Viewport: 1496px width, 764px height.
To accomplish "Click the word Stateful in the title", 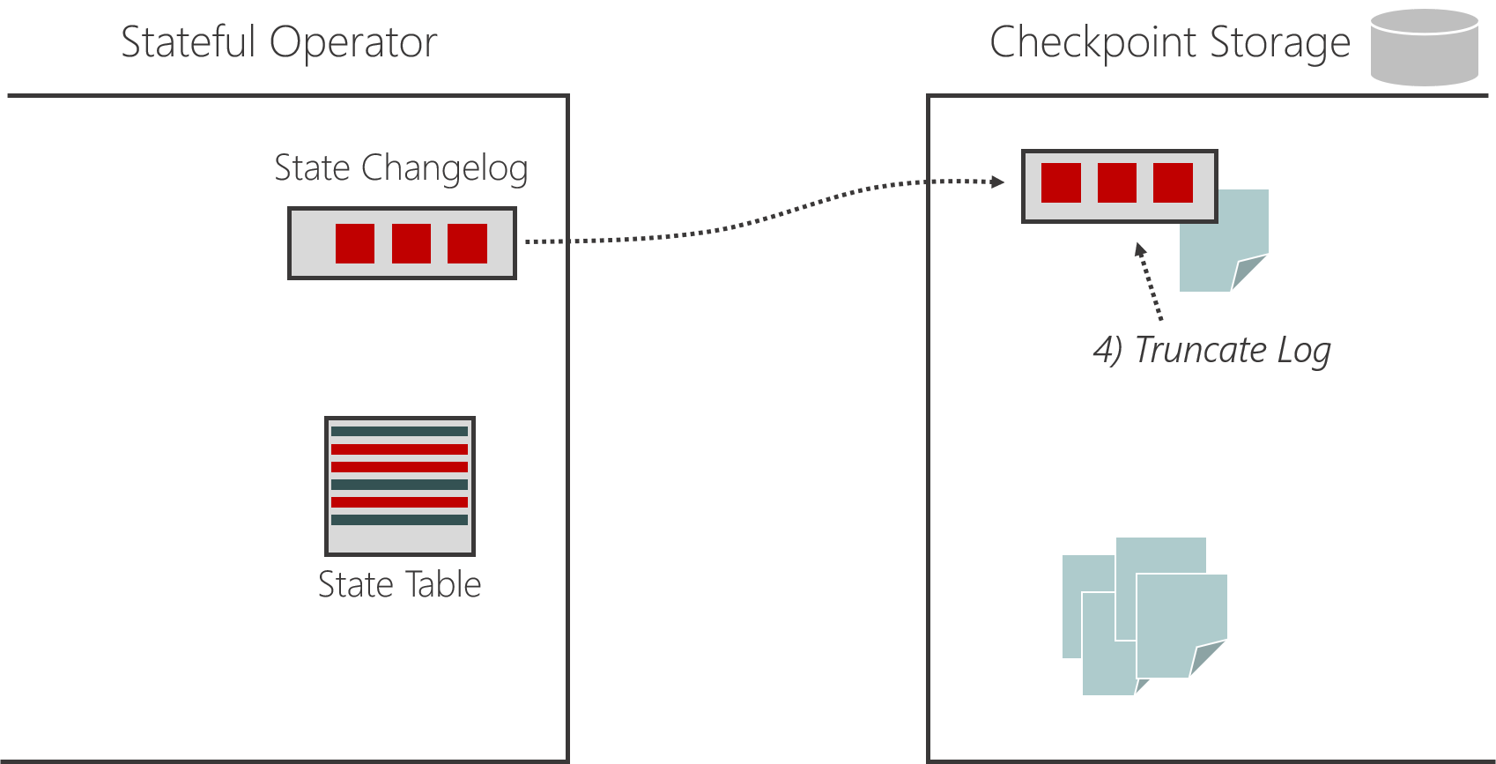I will click(x=188, y=42).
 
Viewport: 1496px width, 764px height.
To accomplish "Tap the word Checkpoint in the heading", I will click(x=1093, y=42).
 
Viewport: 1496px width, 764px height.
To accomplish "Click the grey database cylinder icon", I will click(x=1424, y=48).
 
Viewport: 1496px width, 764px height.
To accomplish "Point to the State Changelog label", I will click(x=401, y=167).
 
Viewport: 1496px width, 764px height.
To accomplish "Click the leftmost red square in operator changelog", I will click(x=355, y=243).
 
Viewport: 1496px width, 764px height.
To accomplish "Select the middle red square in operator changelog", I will click(x=411, y=243).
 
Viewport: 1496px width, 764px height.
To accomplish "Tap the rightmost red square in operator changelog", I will click(x=467, y=243).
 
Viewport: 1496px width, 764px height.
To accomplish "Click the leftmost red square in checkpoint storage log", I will click(x=1061, y=183).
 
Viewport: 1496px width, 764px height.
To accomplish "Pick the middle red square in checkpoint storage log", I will click(x=1117, y=183).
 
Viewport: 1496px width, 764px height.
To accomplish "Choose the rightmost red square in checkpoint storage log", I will click(x=1173, y=183).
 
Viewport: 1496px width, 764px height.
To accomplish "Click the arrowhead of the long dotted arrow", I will click(x=997, y=182).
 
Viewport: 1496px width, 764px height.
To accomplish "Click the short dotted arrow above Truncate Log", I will click(x=1150, y=282).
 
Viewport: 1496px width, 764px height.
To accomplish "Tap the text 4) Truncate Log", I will click(x=1211, y=350).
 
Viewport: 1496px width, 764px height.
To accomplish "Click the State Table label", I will click(x=399, y=584).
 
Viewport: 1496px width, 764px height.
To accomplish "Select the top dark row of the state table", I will click(x=399, y=431).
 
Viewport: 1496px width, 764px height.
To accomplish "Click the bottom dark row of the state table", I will click(x=399, y=520).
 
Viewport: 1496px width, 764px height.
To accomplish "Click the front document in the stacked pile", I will click(x=1181, y=626).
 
